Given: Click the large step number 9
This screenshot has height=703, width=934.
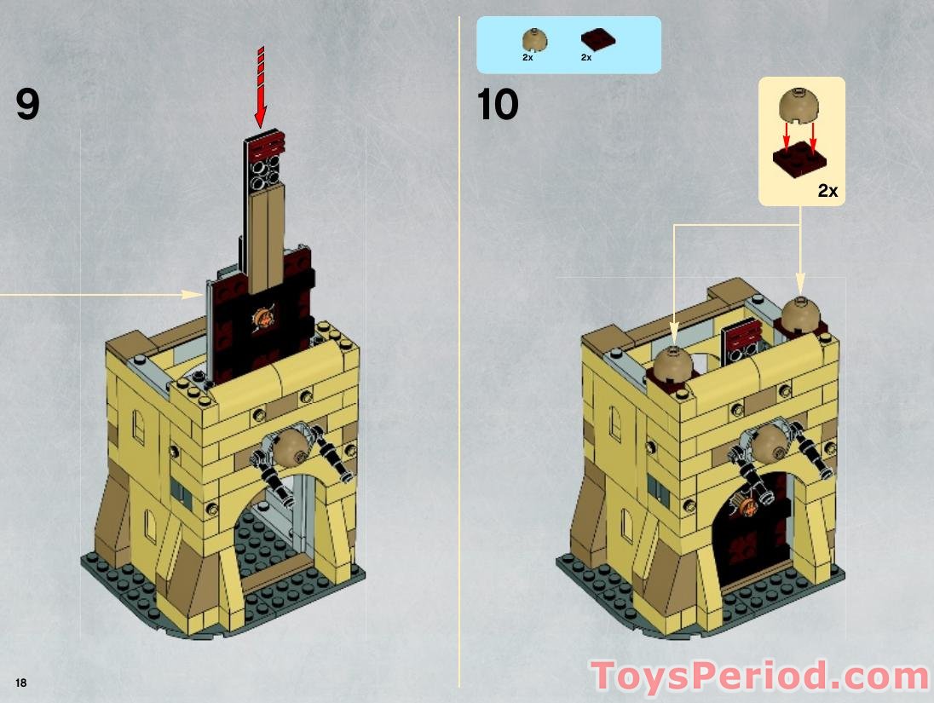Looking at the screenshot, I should click(x=27, y=105).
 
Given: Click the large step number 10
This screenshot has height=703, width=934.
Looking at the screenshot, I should click(x=498, y=105).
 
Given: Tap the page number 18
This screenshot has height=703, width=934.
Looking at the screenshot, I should click(x=20, y=683).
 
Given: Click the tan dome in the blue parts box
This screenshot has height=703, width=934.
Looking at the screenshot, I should click(x=534, y=39).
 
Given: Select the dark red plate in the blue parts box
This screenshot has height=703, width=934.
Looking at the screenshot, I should click(x=597, y=40).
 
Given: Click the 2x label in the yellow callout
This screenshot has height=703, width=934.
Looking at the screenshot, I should click(x=827, y=191).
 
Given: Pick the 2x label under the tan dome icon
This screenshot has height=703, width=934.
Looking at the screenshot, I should click(x=528, y=57).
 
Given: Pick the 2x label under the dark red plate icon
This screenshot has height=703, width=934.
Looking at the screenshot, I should click(x=586, y=57).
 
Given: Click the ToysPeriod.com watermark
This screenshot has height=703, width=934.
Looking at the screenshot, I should click(x=759, y=677).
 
